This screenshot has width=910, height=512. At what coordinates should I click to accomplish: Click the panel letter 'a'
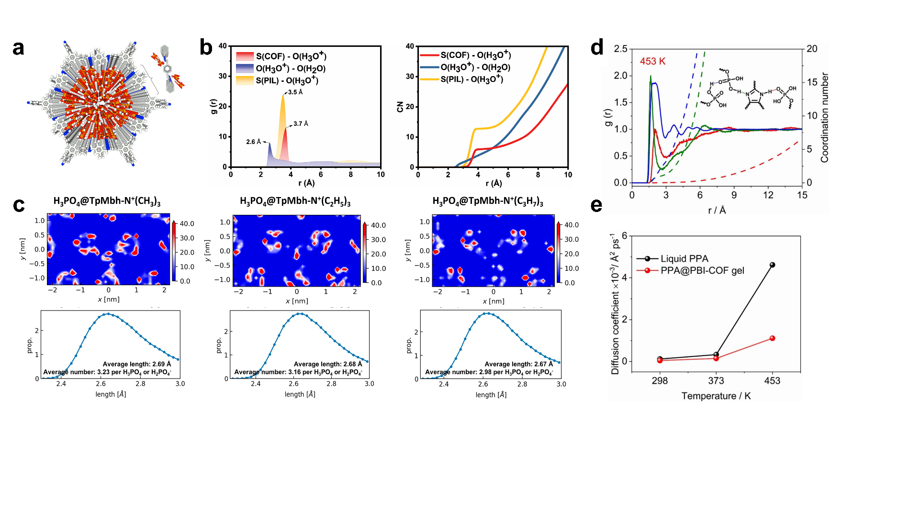click(18, 48)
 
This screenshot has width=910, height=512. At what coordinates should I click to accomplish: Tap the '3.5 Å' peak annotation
click(295, 92)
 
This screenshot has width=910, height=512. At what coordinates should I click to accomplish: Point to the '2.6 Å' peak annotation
click(253, 142)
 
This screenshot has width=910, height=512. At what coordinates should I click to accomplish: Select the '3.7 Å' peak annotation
click(301, 124)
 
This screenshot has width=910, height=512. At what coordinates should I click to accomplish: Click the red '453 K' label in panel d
click(652, 61)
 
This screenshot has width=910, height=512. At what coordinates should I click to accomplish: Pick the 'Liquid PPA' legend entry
click(684, 259)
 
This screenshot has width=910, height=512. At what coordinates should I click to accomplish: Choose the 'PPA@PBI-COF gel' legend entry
click(702, 271)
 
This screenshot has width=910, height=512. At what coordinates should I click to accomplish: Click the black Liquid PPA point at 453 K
click(772, 265)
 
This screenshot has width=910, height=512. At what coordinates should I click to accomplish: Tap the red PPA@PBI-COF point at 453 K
click(772, 338)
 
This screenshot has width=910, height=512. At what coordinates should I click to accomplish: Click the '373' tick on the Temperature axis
click(716, 381)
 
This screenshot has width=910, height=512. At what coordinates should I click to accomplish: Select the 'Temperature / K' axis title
click(716, 396)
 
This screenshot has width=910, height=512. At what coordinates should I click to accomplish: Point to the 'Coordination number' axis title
click(824, 118)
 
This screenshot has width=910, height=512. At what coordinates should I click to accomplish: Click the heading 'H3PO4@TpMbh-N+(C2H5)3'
click(295, 201)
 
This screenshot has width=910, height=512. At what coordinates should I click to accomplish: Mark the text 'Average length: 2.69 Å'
click(136, 364)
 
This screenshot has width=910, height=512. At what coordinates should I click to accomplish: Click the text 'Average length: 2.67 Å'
click(518, 364)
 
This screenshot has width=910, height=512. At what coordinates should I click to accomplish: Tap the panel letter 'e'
click(596, 205)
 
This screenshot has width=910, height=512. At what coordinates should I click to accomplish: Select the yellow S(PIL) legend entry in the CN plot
click(472, 79)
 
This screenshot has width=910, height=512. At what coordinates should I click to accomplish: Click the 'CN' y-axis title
click(400, 107)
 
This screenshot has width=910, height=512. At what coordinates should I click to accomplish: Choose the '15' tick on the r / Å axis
click(802, 195)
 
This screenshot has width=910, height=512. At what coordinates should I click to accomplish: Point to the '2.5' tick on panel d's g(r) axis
click(620, 49)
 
